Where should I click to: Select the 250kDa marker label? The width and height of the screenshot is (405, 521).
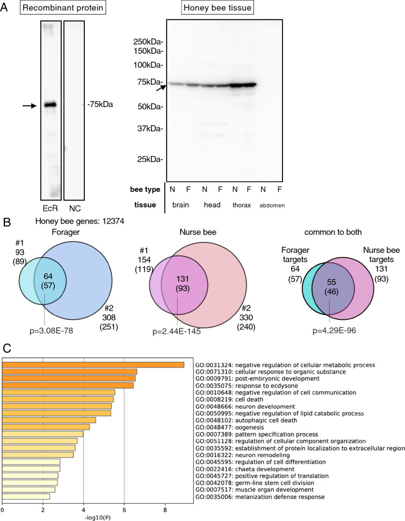tap(149, 42)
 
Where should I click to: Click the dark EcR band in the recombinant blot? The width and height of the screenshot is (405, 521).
tap(49, 105)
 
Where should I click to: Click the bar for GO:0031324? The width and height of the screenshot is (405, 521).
tap(93, 365)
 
